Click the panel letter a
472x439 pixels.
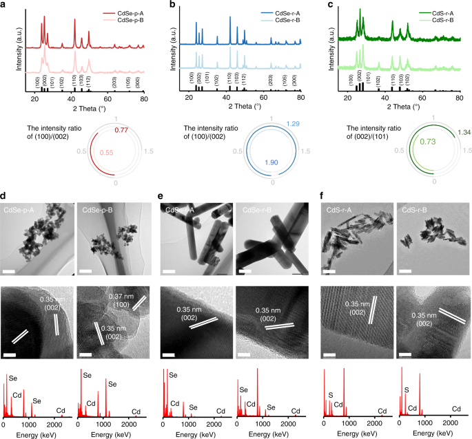4,5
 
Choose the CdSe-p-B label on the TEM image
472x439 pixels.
95,208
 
